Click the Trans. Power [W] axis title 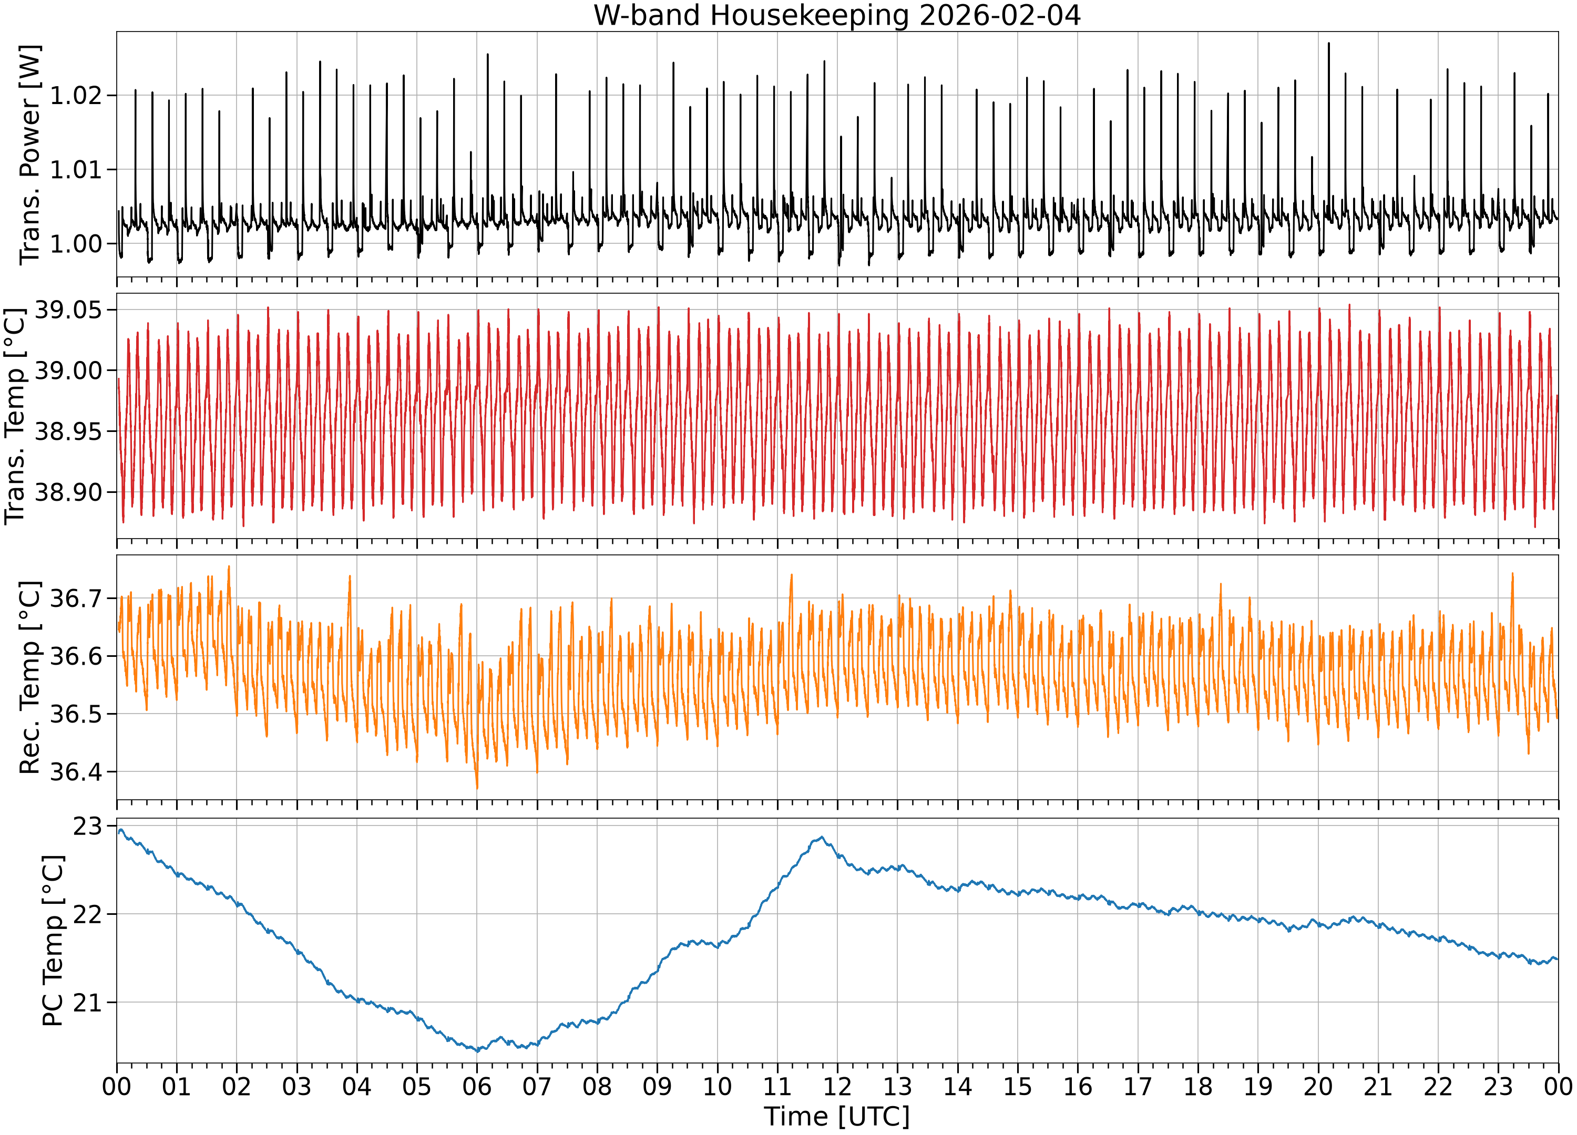(30, 154)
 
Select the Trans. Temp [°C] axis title (15, 416)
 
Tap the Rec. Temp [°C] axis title (30, 678)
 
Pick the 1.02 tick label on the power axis (75, 95)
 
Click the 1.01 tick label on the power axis (75, 170)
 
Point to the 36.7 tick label (75, 598)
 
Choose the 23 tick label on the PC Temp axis (88, 827)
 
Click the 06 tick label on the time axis (477, 1086)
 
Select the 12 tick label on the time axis (837, 1086)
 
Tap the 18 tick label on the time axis (1198, 1086)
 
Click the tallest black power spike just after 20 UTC (1329, 43)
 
